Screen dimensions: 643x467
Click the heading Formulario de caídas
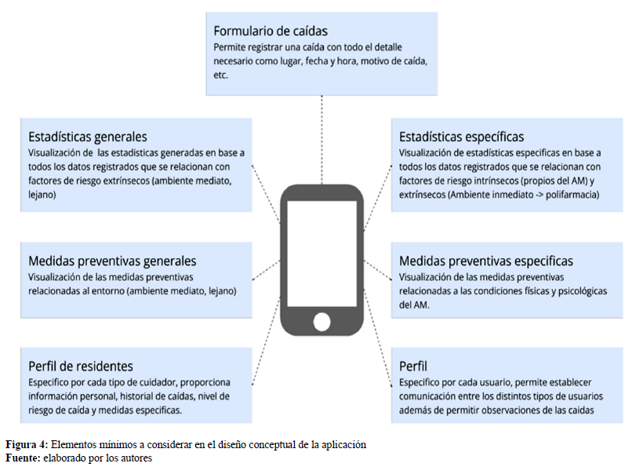tap(271, 31)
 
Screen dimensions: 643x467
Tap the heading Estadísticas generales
tap(88, 137)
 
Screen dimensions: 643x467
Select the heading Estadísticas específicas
tap(461, 137)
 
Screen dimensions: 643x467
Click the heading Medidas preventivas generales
tap(112, 261)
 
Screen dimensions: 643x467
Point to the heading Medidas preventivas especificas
tap(486, 261)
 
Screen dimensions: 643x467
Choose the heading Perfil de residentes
tap(81, 366)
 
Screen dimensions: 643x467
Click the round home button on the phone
tap(321, 321)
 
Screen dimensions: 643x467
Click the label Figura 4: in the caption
tap(27, 444)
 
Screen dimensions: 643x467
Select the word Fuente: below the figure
tap(21, 457)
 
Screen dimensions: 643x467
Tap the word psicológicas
tap(583, 291)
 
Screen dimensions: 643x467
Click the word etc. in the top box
tap(220, 75)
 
